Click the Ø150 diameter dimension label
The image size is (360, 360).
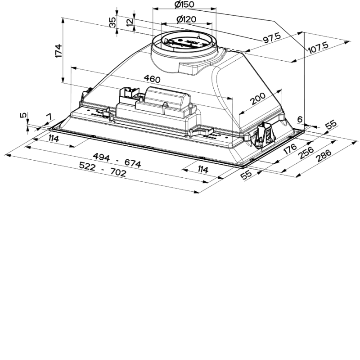click(x=184, y=4)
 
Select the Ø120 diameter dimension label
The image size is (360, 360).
click(x=186, y=19)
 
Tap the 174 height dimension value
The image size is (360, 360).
click(x=59, y=51)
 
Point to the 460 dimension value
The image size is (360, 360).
click(x=152, y=79)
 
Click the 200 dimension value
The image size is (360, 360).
click(x=257, y=99)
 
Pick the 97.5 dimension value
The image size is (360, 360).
click(x=272, y=38)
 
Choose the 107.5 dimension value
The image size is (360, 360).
click(x=318, y=48)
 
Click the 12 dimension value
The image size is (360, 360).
click(x=130, y=22)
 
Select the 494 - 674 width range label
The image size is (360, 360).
click(x=117, y=160)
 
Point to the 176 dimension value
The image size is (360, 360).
click(x=290, y=149)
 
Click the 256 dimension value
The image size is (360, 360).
click(x=306, y=153)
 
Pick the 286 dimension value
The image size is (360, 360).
click(x=324, y=155)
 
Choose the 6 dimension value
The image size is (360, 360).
click(x=300, y=119)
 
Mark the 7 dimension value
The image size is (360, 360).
click(x=49, y=117)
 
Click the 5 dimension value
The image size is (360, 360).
click(x=23, y=115)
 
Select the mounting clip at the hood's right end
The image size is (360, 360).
click(x=264, y=135)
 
